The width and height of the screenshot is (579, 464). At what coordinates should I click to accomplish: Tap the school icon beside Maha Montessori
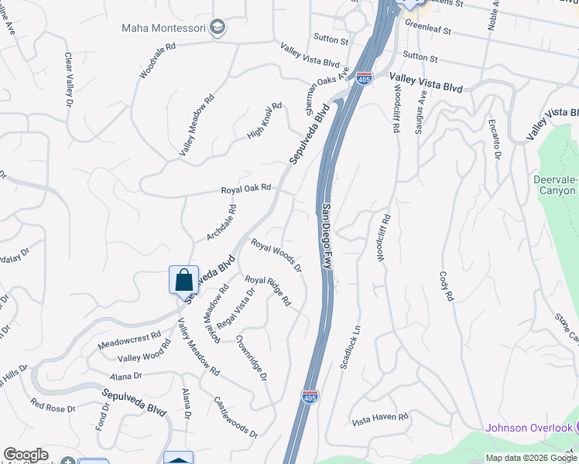tap(218, 28)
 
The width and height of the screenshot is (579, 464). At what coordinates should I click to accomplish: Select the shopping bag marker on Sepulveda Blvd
tap(183, 280)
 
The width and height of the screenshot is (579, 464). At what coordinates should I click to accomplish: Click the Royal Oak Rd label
tap(246, 188)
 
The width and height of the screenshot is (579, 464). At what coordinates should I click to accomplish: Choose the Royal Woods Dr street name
tap(276, 254)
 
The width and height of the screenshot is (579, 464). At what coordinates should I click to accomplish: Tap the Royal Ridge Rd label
tap(267, 290)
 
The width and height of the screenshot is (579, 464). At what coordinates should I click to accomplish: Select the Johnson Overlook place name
tap(528, 428)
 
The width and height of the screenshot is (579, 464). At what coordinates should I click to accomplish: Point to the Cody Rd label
tap(445, 286)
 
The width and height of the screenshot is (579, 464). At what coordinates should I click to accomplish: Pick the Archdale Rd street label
tap(221, 222)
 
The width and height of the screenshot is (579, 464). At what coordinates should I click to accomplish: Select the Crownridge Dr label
tap(252, 357)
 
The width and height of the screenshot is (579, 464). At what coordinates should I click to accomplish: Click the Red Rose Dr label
tap(53, 404)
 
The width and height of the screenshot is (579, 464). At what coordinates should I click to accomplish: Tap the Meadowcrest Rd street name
tap(129, 342)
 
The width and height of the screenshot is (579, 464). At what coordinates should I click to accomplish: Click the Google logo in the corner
tap(26, 455)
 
